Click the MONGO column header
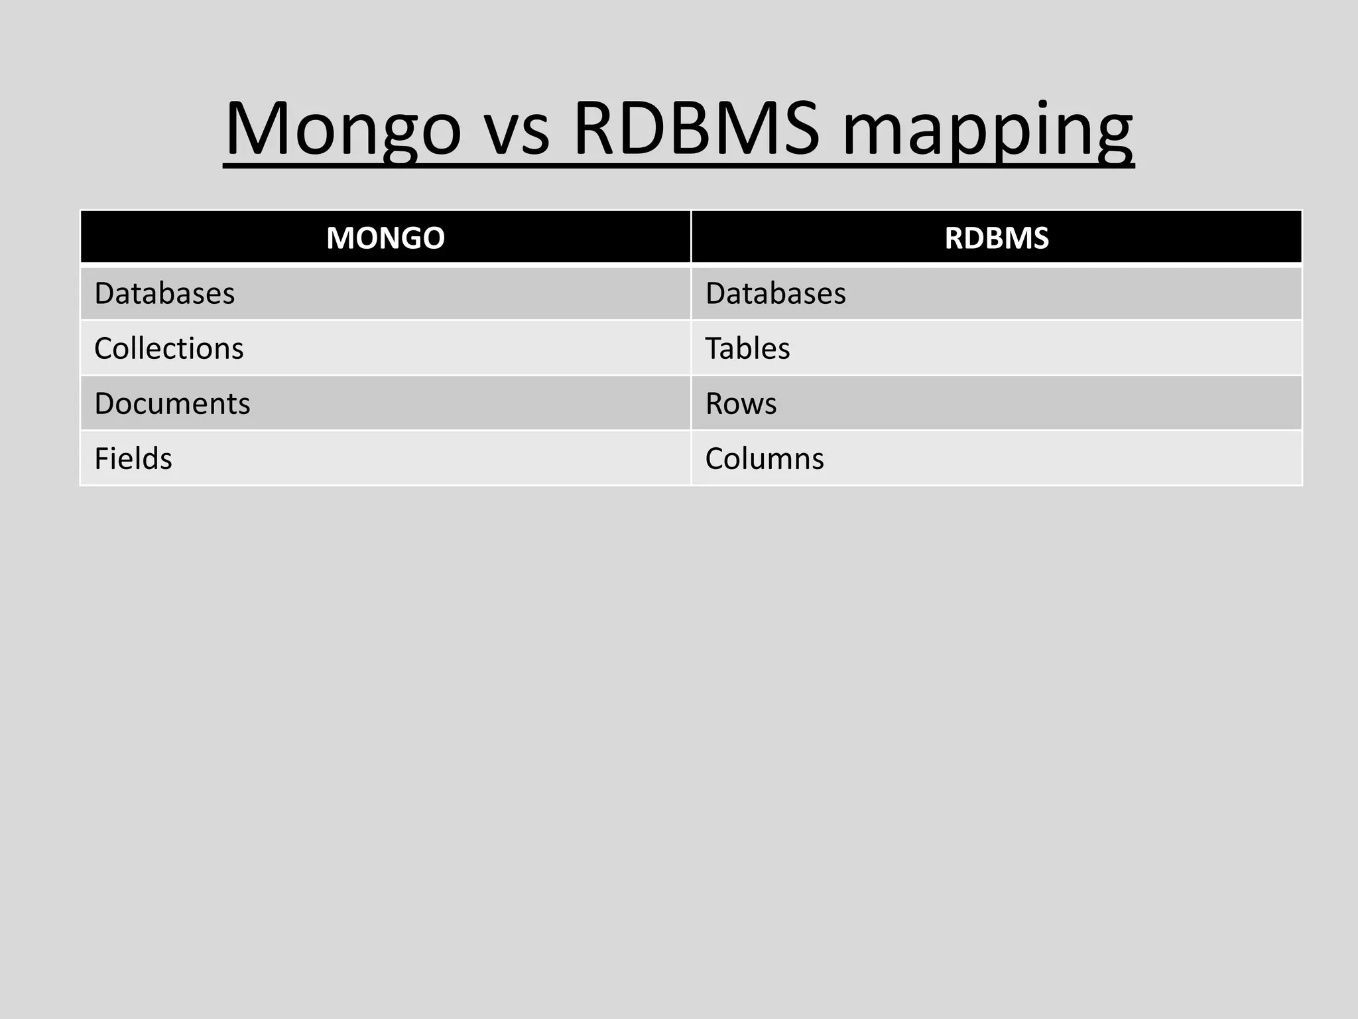385,238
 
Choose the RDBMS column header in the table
997,238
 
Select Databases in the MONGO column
164,293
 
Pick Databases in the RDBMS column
775,293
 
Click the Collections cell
169,348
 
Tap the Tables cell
747,348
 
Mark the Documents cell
172,403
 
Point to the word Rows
741,403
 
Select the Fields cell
133,458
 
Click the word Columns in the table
765,458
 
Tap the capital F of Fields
101,458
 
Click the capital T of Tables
713,348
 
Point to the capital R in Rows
714,403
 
